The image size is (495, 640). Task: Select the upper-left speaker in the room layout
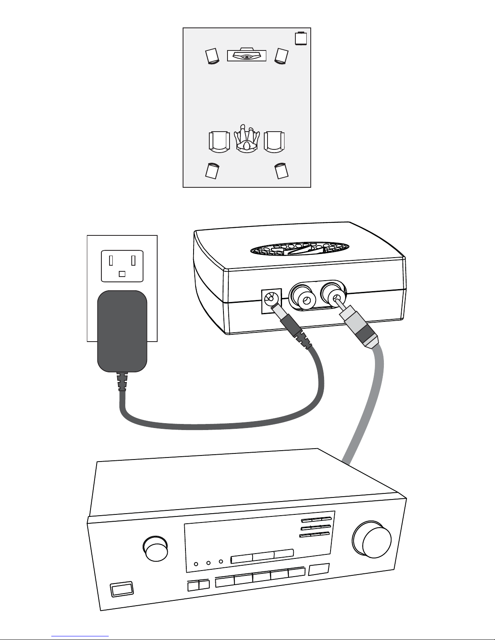pos(212,56)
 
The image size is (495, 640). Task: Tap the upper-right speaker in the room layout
pos(281,56)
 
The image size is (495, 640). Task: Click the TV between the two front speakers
pos(246,55)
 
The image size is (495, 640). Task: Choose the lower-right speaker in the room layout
pos(281,170)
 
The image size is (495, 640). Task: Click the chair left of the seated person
pos(219,142)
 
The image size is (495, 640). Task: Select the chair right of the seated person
pos(274,142)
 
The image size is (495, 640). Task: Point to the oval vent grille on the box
pos(300,250)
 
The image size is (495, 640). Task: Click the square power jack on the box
pos(268,300)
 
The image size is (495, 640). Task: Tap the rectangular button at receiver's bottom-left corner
pos(122,589)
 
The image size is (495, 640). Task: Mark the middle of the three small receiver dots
pos(209,563)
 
